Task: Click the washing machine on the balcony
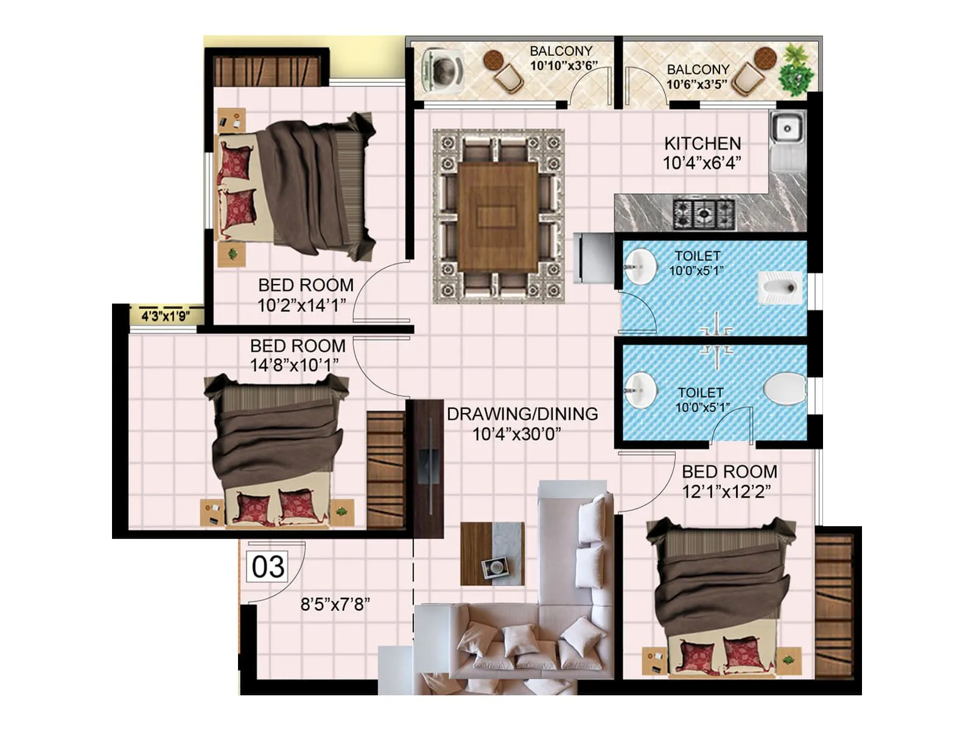point(443,71)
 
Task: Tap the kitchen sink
point(787,130)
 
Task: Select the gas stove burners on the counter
point(704,214)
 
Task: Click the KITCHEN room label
point(702,144)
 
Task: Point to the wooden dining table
point(498,217)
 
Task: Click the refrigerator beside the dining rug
point(594,258)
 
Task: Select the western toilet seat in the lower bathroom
point(785,388)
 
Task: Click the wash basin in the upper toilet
point(640,266)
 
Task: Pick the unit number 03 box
point(268,566)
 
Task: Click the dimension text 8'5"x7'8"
point(335,604)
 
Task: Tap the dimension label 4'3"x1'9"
point(166,316)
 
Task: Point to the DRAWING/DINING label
point(522,414)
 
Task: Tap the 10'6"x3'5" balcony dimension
point(697,85)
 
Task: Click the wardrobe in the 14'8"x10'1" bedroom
point(385,470)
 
